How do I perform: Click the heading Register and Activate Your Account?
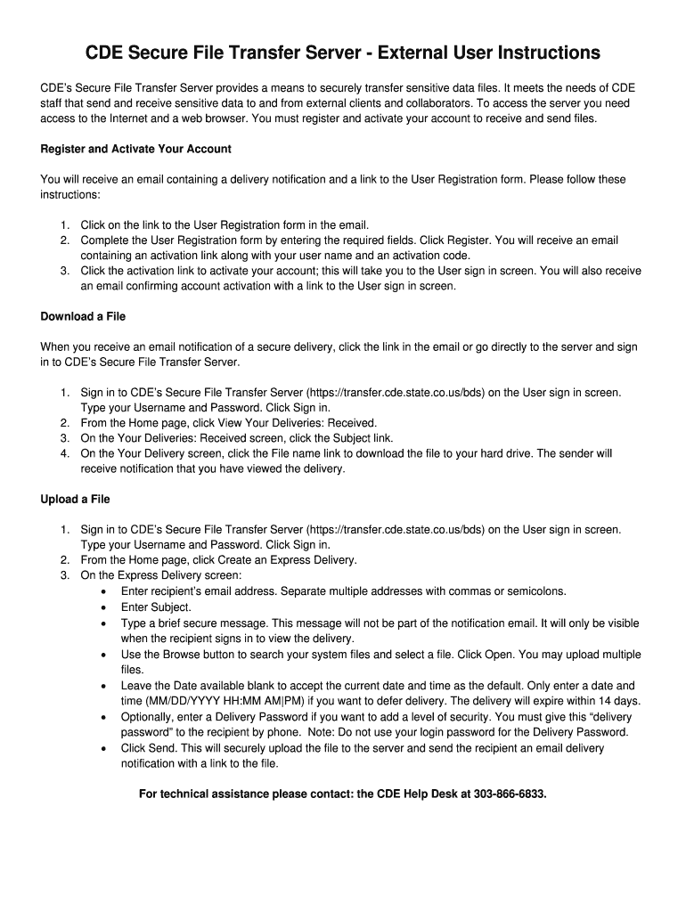[135, 149]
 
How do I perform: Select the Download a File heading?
[83, 316]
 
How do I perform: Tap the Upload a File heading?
[75, 499]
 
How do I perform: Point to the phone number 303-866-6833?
[510, 794]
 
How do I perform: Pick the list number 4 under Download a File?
[65, 453]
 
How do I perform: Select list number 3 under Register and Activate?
[65, 271]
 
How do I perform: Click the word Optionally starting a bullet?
[149, 717]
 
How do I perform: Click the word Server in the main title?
[326, 54]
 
